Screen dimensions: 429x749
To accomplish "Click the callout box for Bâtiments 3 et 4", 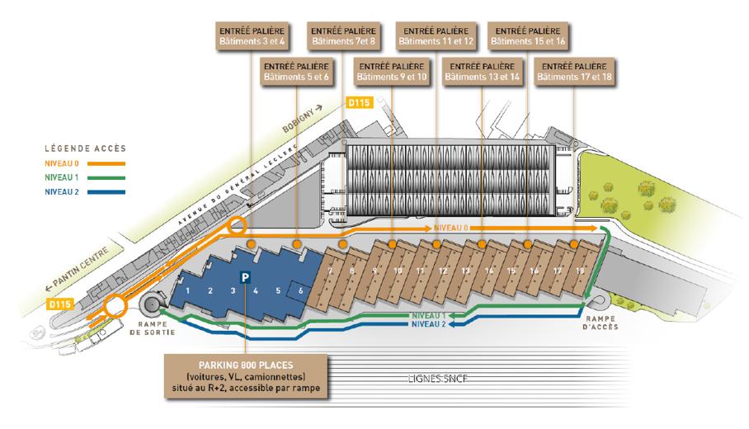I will click(x=249, y=35).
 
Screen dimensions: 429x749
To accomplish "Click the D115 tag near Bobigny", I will click(x=360, y=102).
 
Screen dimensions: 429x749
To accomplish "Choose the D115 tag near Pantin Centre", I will click(x=57, y=304).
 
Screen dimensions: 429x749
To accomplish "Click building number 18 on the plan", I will click(x=580, y=270).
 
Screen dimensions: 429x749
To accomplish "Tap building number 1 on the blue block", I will click(x=188, y=290).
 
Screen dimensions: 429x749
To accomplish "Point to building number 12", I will click(x=443, y=270).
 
